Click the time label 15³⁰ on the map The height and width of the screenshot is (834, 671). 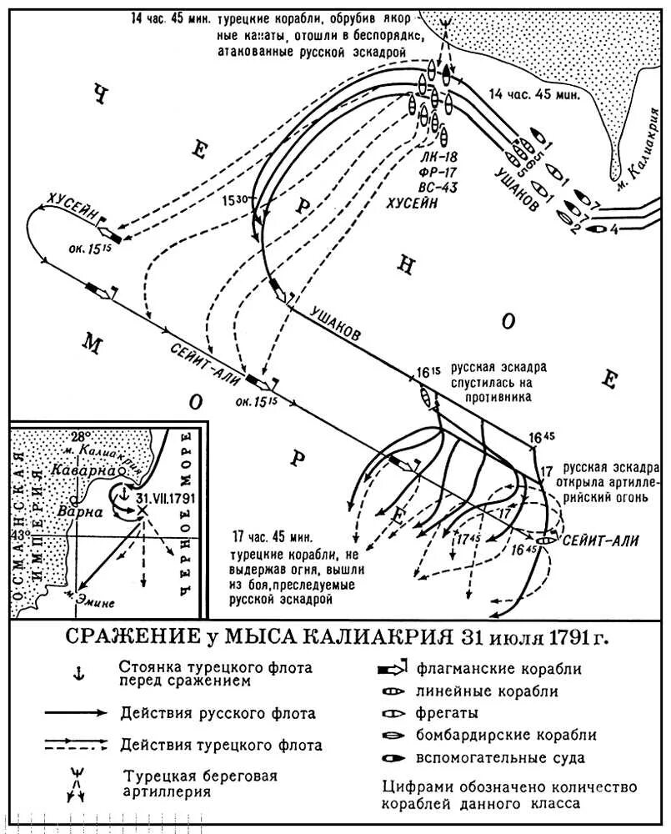(x=235, y=201)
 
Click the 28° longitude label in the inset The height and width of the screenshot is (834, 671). (x=80, y=437)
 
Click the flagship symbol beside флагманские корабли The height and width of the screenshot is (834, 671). (x=391, y=669)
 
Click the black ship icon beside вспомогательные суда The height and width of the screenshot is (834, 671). (x=391, y=757)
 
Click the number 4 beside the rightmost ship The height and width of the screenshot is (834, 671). (x=615, y=228)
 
